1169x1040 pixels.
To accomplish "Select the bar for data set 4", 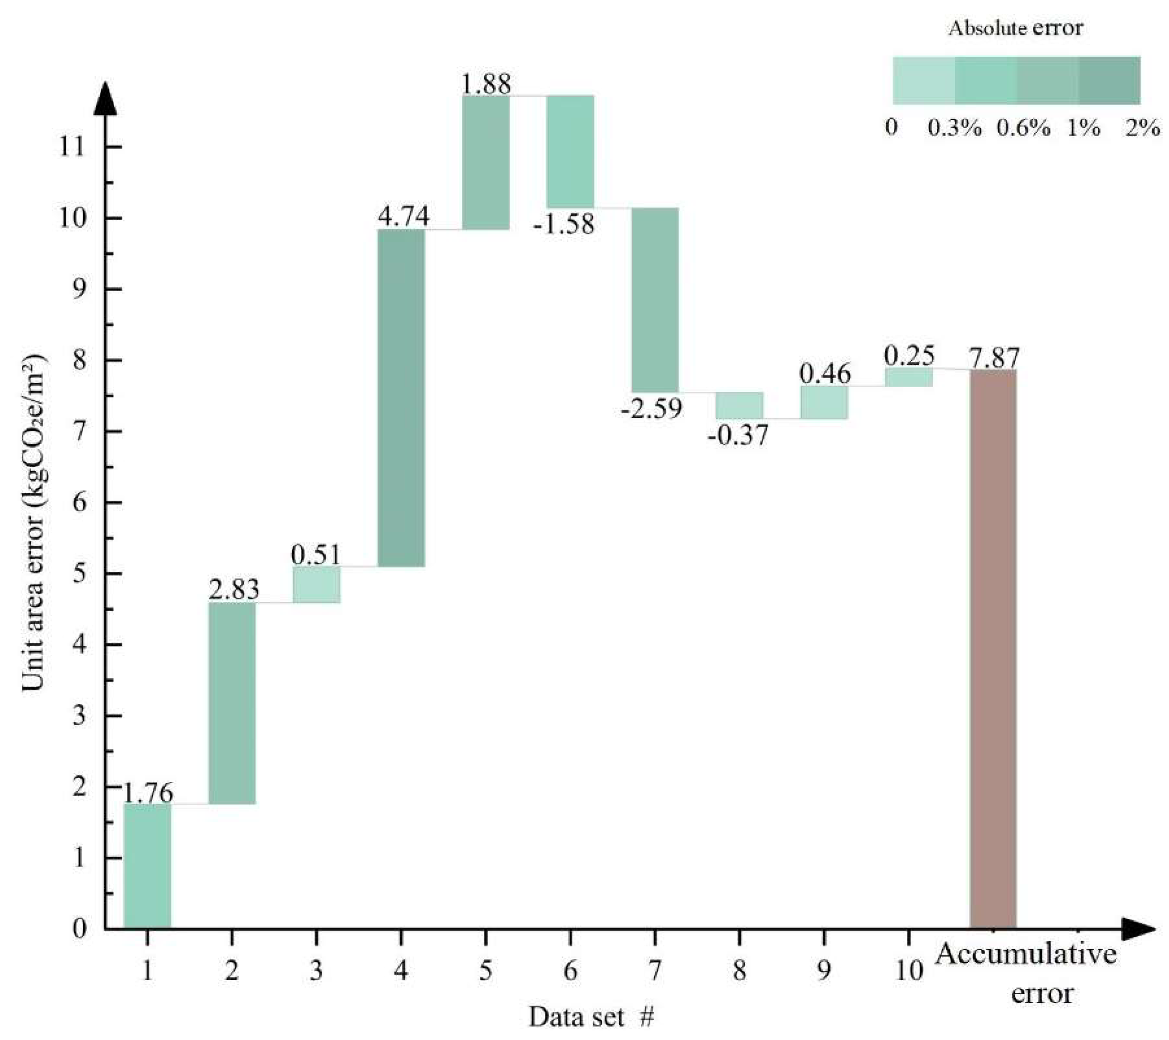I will tap(402, 398).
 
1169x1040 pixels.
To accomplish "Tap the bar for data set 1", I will tap(148, 866).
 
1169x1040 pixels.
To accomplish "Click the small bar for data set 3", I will tap(317, 584).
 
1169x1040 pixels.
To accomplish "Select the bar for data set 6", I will tap(570, 151).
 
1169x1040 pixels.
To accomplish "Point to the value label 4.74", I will tap(404, 217).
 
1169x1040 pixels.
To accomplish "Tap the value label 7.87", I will tap(994, 359).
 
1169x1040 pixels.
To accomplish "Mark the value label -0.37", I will tap(738, 436).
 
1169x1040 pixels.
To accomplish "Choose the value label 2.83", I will tap(234, 590).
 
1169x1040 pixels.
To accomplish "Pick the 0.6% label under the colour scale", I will tap(1023, 128).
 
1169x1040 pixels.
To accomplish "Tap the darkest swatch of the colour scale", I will tap(1109, 80).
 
